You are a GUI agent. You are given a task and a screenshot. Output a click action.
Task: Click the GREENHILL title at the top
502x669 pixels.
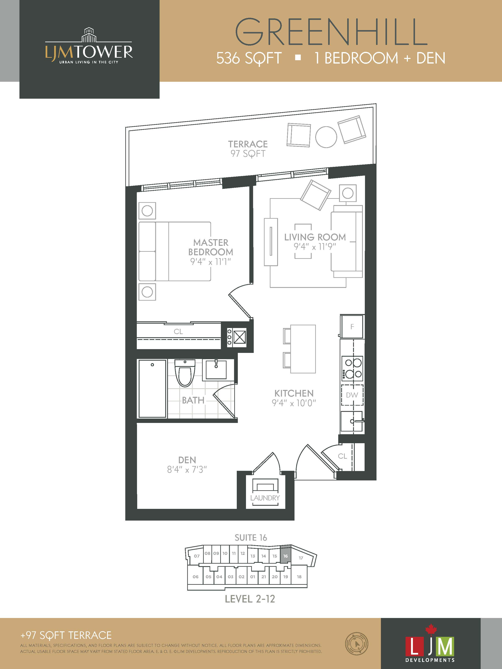(331, 32)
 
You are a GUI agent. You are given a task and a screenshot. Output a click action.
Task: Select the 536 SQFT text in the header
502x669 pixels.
(249, 58)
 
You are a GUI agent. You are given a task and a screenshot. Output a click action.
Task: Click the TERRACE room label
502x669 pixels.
(248, 144)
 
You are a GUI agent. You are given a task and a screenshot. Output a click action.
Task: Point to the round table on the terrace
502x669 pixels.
(326, 137)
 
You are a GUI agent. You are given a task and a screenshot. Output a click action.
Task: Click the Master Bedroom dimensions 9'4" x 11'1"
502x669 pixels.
(211, 262)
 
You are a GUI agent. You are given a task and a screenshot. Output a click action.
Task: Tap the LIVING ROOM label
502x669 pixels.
(315, 237)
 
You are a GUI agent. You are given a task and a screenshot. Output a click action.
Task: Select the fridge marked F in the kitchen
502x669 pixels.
(352, 326)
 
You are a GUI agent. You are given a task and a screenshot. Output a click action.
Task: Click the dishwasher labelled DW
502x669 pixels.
(352, 395)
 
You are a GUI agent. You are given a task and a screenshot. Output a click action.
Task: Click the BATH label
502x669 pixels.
(193, 400)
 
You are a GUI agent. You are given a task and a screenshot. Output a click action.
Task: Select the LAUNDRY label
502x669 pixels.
(265, 498)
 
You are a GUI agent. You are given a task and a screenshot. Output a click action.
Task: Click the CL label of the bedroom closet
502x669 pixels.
(178, 332)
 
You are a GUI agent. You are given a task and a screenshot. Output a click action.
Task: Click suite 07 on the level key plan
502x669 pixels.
(197, 556)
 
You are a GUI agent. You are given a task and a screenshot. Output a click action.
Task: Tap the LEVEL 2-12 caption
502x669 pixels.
(250, 599)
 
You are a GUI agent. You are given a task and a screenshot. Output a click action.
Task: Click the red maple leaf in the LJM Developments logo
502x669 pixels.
(431, 629)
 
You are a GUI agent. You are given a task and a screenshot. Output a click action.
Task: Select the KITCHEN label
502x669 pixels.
(294, 393)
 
